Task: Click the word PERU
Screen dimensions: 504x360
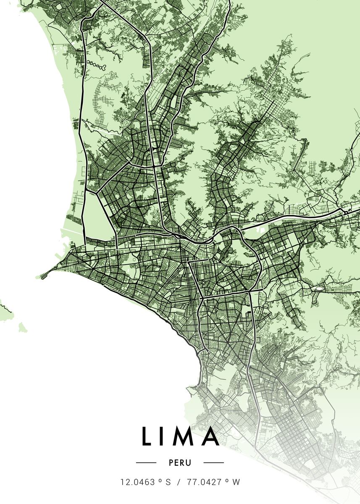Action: pyautogui.click(x=180, y=463)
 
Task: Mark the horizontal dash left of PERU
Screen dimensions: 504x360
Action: pyautogui.click(x=146, y=463)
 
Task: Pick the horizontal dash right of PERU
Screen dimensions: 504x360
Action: pyautogui.click(x=213, y=463)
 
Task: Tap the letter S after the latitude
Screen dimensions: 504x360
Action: pyautogui.click(x=168, y=483)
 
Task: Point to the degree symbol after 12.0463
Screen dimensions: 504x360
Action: pyautogui.click(x=160, y=481)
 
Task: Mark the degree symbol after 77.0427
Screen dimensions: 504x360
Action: pyautogui.click(x=225, y=481)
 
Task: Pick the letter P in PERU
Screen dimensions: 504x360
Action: pyautogui.click(x=171, y=463)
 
